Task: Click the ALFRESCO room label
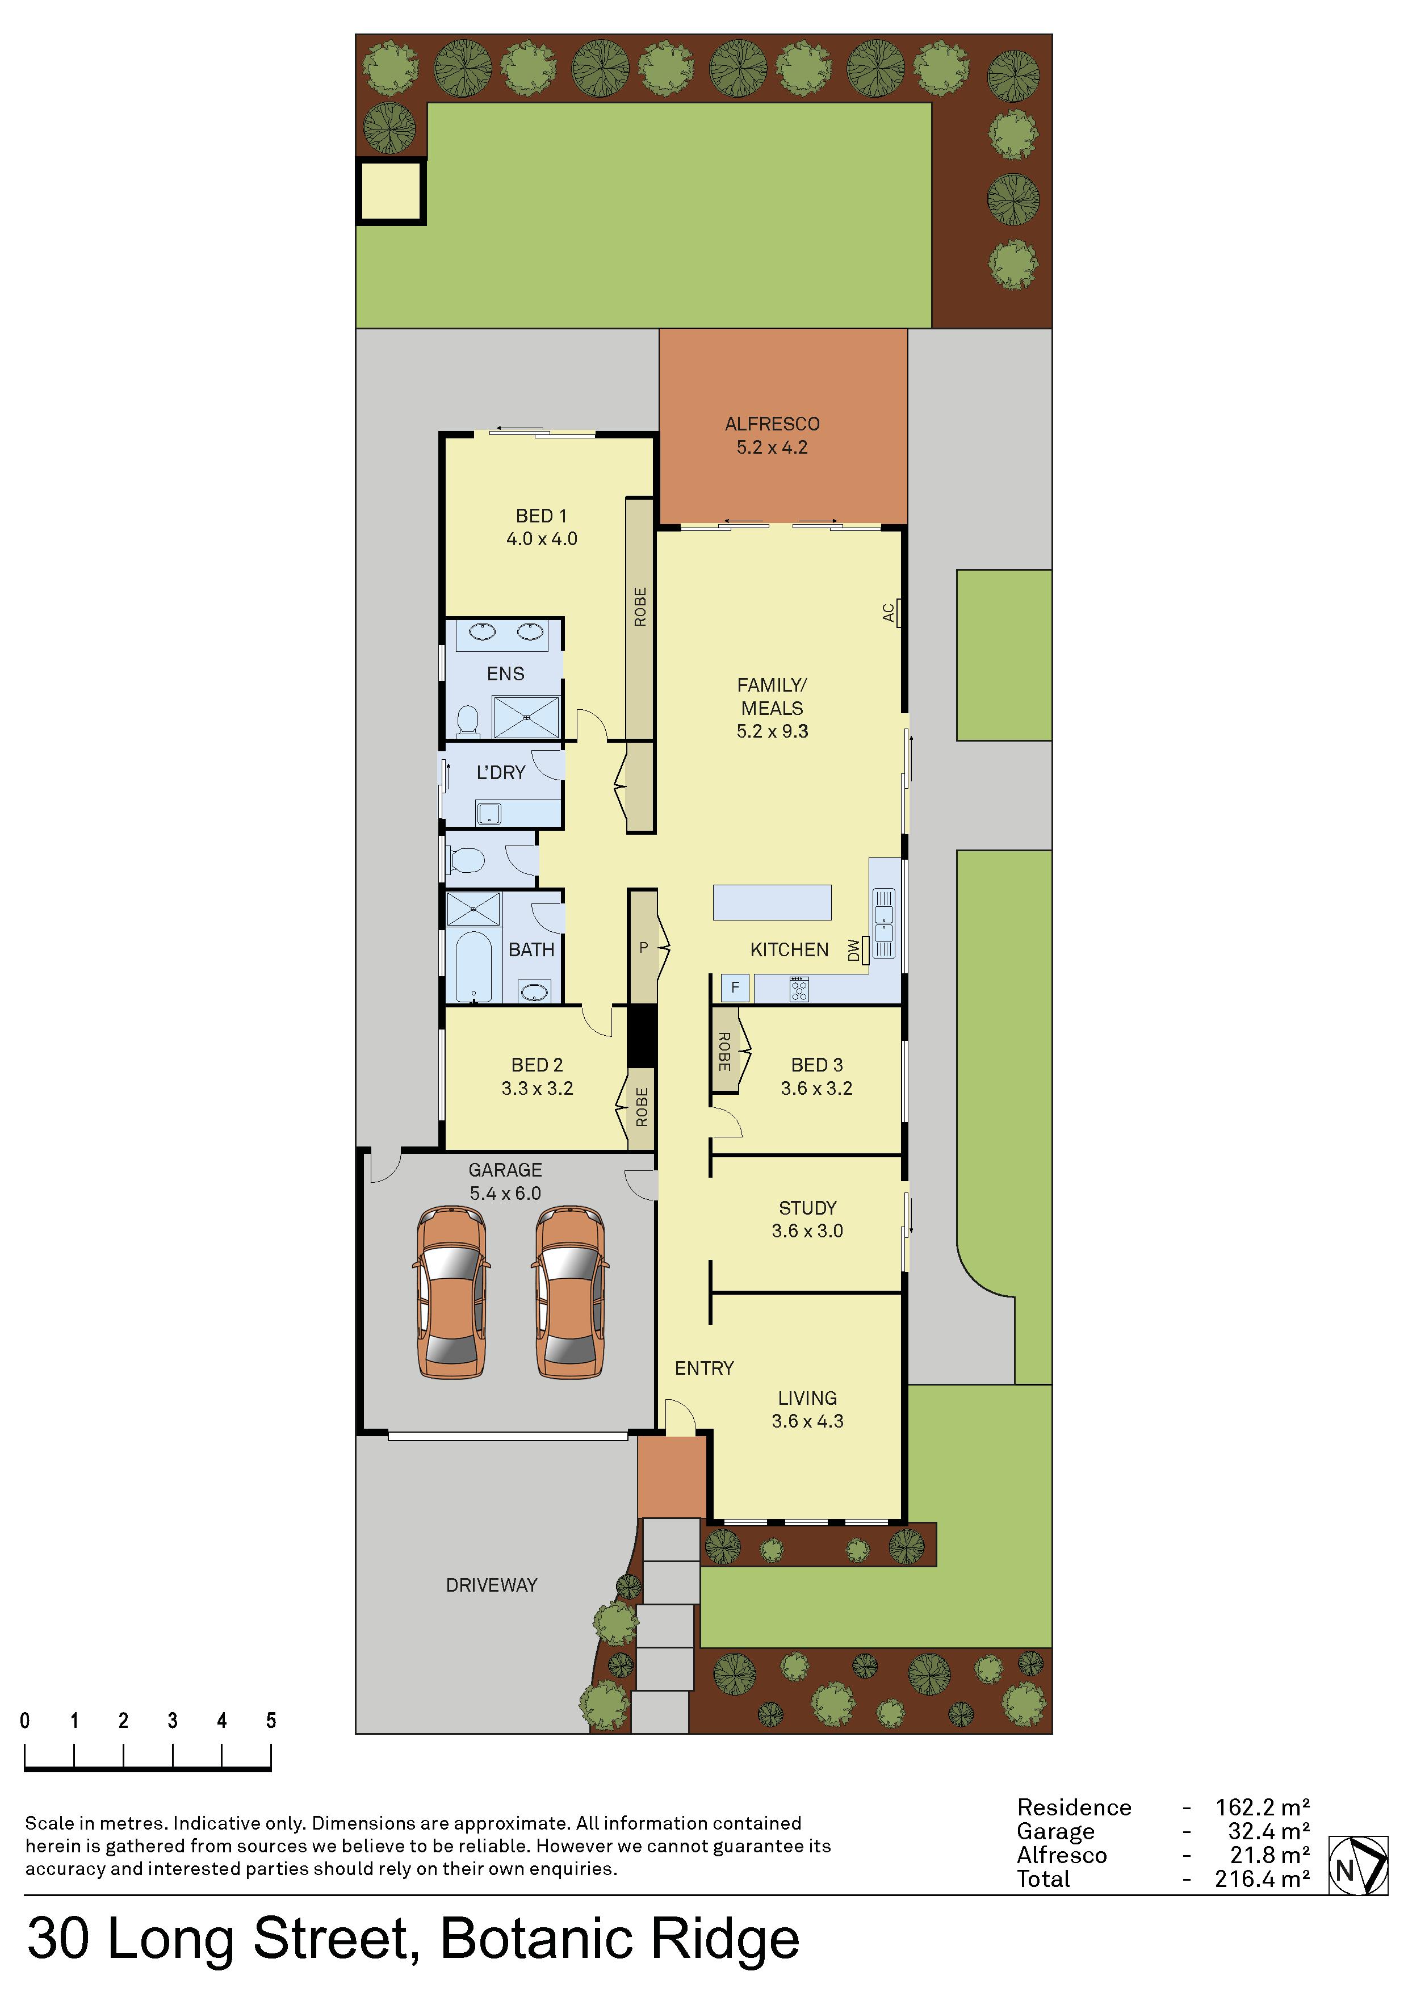point(772,424)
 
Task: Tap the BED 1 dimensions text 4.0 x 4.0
point(541,539)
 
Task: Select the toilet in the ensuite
point(468,719)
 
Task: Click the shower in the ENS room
point(526,717)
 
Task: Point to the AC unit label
point(889,613)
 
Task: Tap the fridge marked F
point(735,987)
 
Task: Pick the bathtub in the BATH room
point(473,966)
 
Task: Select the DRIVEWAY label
point(491,1585)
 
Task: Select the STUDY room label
point(808,1208)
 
